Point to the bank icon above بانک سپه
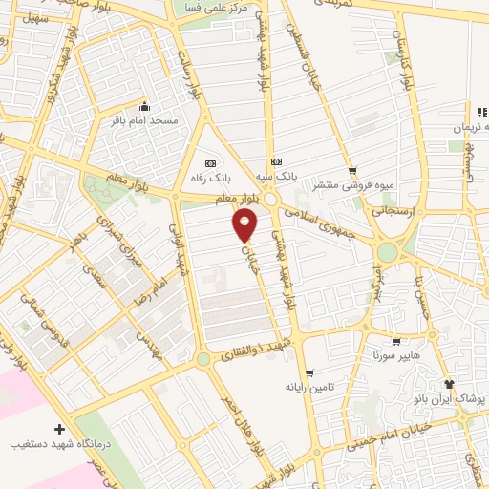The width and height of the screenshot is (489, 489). (x=277, y=161)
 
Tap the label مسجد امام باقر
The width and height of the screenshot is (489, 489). (x=143, y=121)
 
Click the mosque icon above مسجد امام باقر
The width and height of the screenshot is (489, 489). (x=144, y=106)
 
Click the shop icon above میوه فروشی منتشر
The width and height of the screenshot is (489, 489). (x=351, y=170)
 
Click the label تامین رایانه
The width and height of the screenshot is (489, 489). (x=308, y=388)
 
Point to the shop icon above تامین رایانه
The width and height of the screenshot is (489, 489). (x=308, y=373)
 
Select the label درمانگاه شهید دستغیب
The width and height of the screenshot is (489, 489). (x=60, y=445)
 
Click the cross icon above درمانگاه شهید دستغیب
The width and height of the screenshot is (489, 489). (x=60, y=430)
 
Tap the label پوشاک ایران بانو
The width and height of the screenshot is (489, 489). (x=449, y=396)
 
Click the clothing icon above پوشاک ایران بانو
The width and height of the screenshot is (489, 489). (x=450, y=382)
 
